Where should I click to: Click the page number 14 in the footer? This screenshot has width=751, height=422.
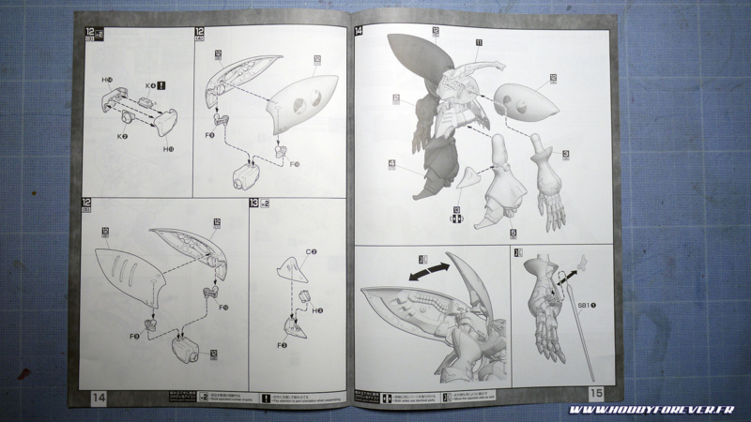pos(99,399)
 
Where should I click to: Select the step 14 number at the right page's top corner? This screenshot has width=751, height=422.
pos(359,31)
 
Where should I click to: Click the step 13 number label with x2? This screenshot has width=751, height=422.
pos(257,203)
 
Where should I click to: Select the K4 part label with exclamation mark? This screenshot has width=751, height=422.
pos(152,85)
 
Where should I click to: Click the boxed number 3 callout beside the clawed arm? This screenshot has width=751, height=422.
pos(566,154)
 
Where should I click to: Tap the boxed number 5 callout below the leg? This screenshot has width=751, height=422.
pos(513,233)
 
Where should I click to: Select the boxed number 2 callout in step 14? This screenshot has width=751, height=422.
pos(396,98)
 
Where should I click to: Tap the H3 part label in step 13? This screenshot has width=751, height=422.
pos(320,310)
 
